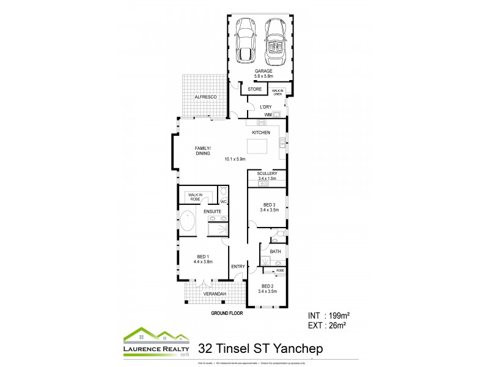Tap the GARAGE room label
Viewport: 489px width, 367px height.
[263, 72]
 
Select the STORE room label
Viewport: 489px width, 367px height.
[255, 89]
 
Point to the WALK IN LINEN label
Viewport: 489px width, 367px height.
[278, 92]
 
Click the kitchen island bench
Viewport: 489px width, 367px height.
[257, 147]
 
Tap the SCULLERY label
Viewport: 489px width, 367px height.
[267, 174]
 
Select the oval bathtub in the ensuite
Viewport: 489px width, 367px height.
[187, 221]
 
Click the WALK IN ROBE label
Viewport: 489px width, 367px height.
[195, 197]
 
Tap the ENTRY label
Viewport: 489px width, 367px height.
[238, 267]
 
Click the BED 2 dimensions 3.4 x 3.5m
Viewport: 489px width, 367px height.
[267, 291]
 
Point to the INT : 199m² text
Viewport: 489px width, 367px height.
[328, 316]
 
